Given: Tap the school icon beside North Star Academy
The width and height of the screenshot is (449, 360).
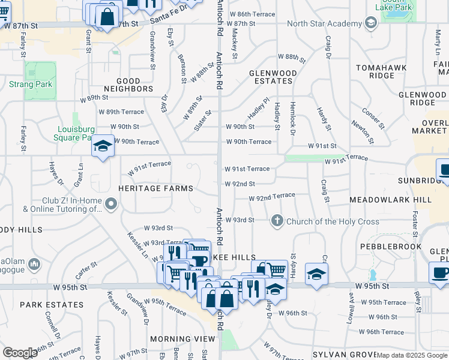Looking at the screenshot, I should tap(371, 23).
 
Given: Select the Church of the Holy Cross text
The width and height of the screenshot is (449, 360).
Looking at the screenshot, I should tap(333, 221).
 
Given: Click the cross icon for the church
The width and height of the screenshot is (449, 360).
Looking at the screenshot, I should tap(277, 221).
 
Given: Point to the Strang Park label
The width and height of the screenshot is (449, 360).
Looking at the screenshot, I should tap(31, 85).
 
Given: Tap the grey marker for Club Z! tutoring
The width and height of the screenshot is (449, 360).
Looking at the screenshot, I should tap(110, 205).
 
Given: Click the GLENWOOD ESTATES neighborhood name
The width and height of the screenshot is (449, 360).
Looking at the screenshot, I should tap(273, 77).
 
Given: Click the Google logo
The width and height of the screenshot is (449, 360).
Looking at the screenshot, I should tap(20, 353).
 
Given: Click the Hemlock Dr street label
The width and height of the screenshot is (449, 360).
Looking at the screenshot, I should tap(292, 115).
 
